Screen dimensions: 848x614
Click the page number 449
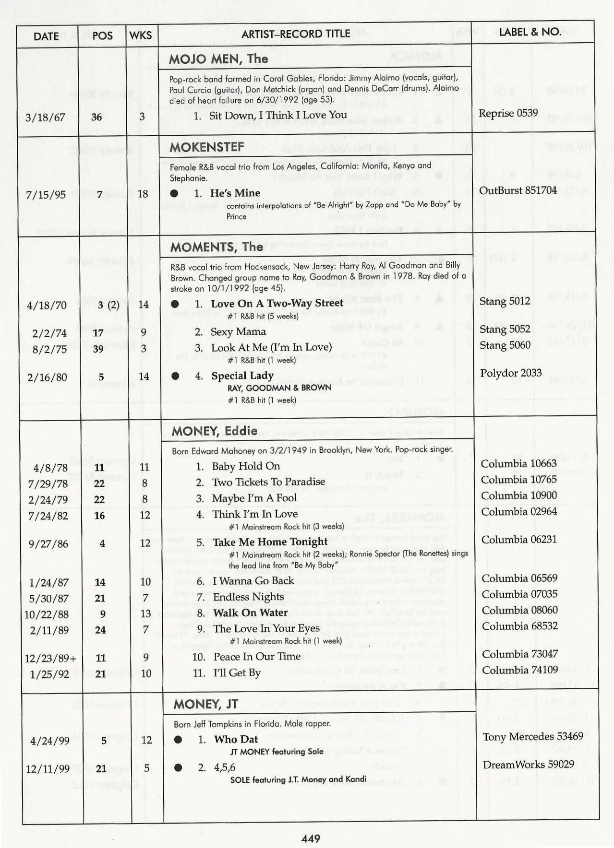click(311, 838)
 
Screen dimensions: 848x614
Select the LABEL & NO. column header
click(530, 32)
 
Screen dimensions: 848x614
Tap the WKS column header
click(140, 35)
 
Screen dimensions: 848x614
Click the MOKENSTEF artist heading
click(206, 147)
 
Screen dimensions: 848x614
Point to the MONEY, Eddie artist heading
click(214, 431)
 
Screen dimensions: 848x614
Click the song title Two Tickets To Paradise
click(268, 482)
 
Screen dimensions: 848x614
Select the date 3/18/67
click(46, 118)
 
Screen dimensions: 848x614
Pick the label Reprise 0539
click(508, 113)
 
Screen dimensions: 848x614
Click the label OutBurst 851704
click(518, 190)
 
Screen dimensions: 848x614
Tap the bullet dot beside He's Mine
click(174, 193)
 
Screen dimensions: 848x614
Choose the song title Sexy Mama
click(238, 332)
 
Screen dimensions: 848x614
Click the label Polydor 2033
click(511, 373)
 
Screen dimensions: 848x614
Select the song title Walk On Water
click(250, 613)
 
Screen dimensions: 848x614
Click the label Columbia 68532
click(519, 626)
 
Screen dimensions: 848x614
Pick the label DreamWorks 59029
click(528, 765)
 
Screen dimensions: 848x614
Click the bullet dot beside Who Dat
click(178, 740)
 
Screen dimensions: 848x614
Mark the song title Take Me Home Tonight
click(270, 542)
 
